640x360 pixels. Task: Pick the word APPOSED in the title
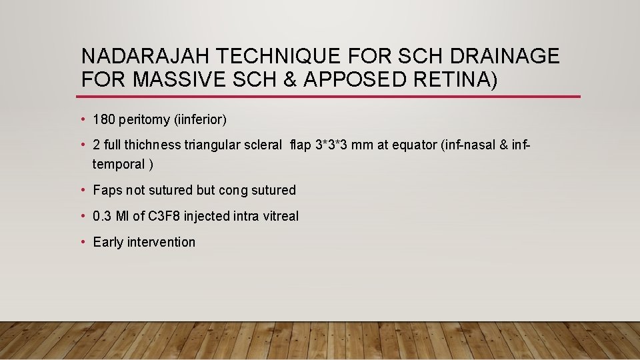(355, 79)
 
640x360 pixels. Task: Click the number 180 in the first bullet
(104, 120)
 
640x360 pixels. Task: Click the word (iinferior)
(200, 121)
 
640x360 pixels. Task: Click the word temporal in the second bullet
(119, 164)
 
